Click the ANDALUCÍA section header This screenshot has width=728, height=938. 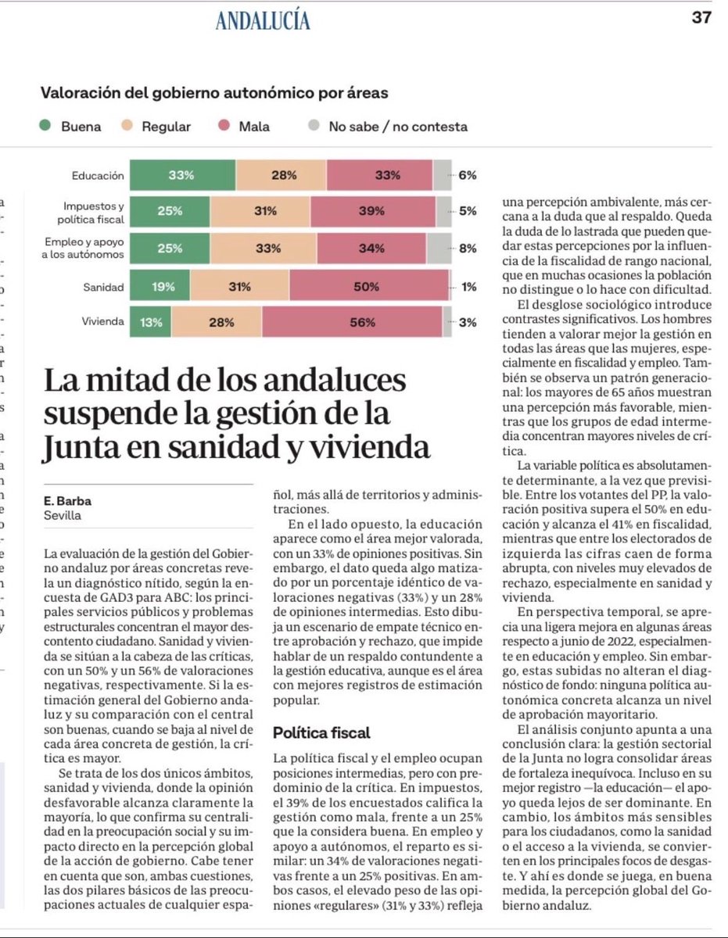click(x=263, y=21)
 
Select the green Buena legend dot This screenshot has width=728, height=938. click(x=46, y=127)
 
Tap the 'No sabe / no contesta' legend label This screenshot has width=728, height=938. click(x=397, y=127)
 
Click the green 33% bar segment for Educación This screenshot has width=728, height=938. click(x=181, y=176)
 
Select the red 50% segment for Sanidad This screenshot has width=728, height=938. click(x=366, y=287)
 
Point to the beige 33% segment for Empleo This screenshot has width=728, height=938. click(x=268, y=249)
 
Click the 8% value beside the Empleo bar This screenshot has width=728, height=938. click(x=468, y=249)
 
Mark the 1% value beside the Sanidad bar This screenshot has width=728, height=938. click(x=468, y=287)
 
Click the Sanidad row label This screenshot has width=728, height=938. click(x=103, y=287)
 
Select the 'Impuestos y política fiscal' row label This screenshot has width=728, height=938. click(x=93, y=212)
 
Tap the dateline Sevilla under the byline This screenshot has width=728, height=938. click(x=63, y=516)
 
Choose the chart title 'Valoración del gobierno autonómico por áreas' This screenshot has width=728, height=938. click(x=214, y=94)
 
